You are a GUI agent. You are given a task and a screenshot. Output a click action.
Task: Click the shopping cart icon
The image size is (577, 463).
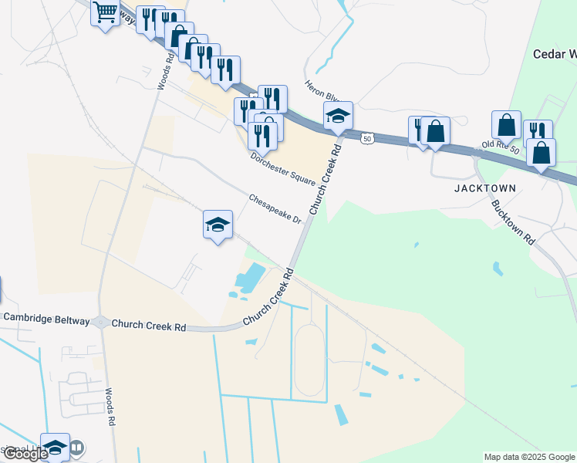[104, 12]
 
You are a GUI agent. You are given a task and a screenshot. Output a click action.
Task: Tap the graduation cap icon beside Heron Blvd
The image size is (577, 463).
[338, 117]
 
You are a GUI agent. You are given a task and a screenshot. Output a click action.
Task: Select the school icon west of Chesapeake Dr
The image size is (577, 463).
[218, 225]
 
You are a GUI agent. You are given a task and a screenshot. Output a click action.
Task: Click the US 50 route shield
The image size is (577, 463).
[367, 138]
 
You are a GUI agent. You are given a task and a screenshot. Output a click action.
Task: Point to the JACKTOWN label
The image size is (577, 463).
[484, 188]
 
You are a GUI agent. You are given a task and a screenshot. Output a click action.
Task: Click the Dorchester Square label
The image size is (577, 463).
[283, 168]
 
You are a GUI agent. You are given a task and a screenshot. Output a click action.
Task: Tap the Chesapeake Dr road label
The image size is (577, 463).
[275, 209]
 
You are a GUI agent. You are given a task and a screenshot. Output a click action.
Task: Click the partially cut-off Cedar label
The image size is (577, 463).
[555, 54]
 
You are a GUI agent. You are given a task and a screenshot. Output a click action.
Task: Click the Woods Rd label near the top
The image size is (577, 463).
[163, 70]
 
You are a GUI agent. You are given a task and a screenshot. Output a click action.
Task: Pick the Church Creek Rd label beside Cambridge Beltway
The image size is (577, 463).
[148, 326]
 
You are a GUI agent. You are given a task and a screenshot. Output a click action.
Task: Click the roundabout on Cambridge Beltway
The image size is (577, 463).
[101, 323]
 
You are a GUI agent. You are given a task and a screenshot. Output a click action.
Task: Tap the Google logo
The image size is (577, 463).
[25, 455]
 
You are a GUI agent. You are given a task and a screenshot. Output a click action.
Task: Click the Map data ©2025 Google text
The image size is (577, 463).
[528, 457]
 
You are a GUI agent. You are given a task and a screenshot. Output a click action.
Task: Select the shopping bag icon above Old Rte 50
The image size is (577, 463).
[506, 124]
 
